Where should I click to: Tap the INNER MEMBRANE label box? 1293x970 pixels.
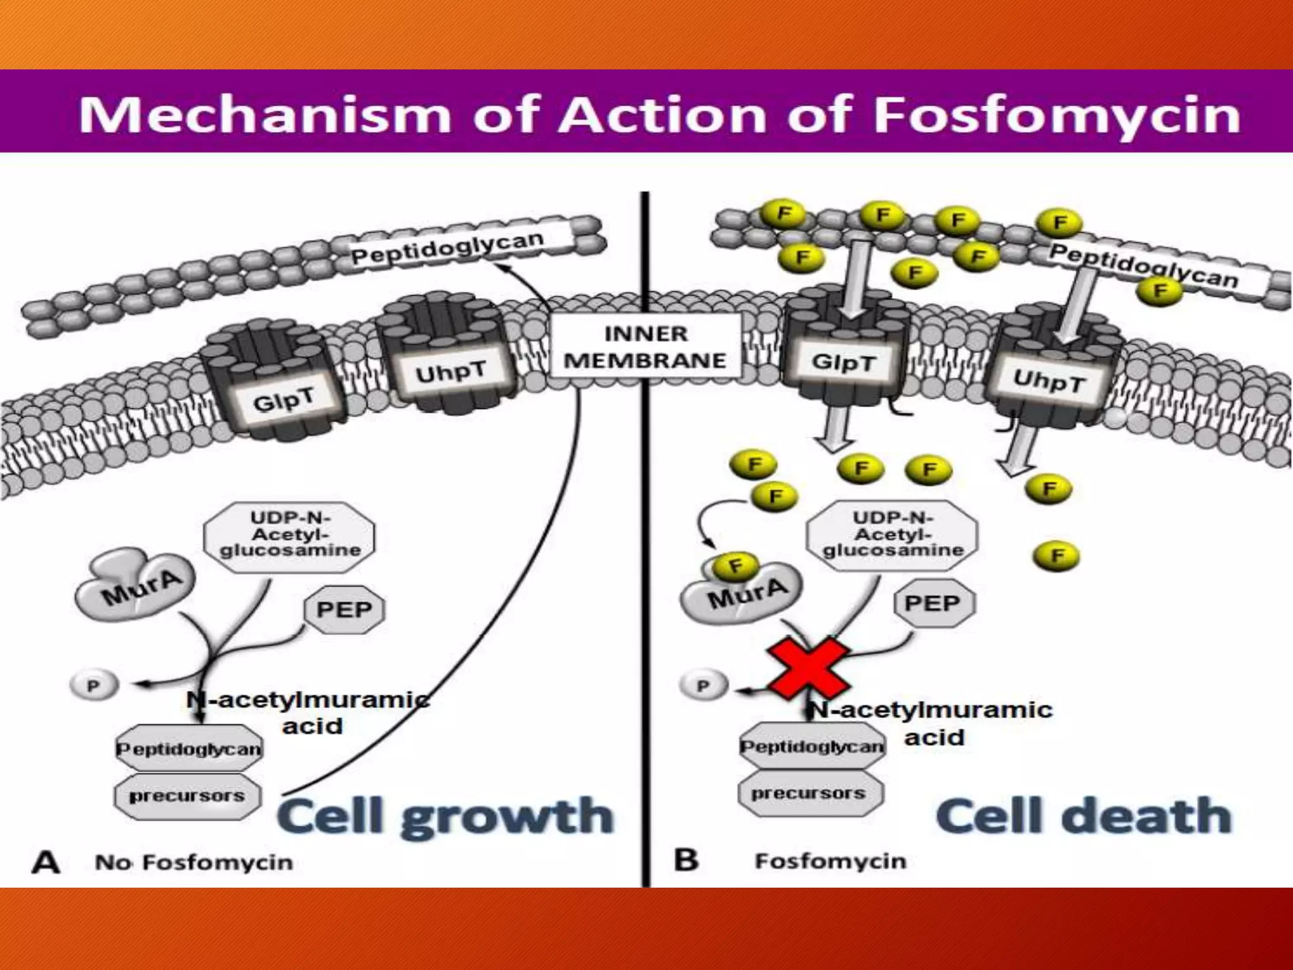coord(645,347)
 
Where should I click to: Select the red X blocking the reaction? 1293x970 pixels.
coord(808,668)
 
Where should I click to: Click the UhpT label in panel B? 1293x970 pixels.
coord(1049,381)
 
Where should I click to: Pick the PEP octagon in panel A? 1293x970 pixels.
coord(344,609)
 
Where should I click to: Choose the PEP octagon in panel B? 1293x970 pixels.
coord(933,603)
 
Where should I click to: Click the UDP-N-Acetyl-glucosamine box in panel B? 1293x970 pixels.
coord(892,535)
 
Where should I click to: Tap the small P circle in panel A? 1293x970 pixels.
coord(93,685)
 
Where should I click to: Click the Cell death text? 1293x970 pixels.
coord(1083,816)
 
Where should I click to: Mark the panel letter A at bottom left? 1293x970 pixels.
coord(46,863)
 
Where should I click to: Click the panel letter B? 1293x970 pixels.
coord(686,860)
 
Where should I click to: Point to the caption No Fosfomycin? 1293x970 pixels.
coord(193,863)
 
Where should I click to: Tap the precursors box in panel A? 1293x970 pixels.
coord(187,796)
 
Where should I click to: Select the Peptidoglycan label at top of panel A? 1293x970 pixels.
coord(447,248)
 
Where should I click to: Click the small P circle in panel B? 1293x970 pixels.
coord(703,685)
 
